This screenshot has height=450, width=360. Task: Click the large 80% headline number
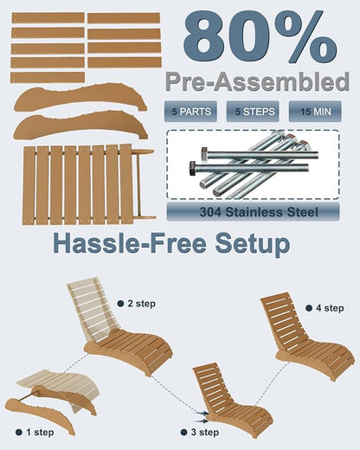click(x=259, y=36)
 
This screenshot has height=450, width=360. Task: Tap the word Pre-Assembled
click(x=258, y=81)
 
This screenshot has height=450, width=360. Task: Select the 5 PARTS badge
click(x=190, y=112)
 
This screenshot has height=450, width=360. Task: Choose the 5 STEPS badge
click(x=253, y=112)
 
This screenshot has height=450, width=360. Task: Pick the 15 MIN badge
click(x=315, y=112)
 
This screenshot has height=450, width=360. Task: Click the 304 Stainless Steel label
click(x=254, y=212)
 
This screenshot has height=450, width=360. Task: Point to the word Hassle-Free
click(x=130, y=244)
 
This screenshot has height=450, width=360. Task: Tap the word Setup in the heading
click(x=253, y=245)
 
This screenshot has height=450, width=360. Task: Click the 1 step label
click(x=40, y=432)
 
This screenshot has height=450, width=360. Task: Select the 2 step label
click(x=141, y=304)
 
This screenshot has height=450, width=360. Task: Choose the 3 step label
click(x=205, y=432)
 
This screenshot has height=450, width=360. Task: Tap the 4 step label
click(x=330, y=308)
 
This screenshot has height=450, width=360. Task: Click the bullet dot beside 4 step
click(x=309, y=308)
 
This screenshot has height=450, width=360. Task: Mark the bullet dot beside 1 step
click(x=19, y=432)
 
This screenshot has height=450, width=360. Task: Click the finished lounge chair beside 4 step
click(x=307, y=336)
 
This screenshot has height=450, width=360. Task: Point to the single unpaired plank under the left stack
click(x=48, y=78)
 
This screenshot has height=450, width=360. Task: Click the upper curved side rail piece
click(x=80, y=97)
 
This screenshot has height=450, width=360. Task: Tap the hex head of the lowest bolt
click(x=192, y=168)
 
